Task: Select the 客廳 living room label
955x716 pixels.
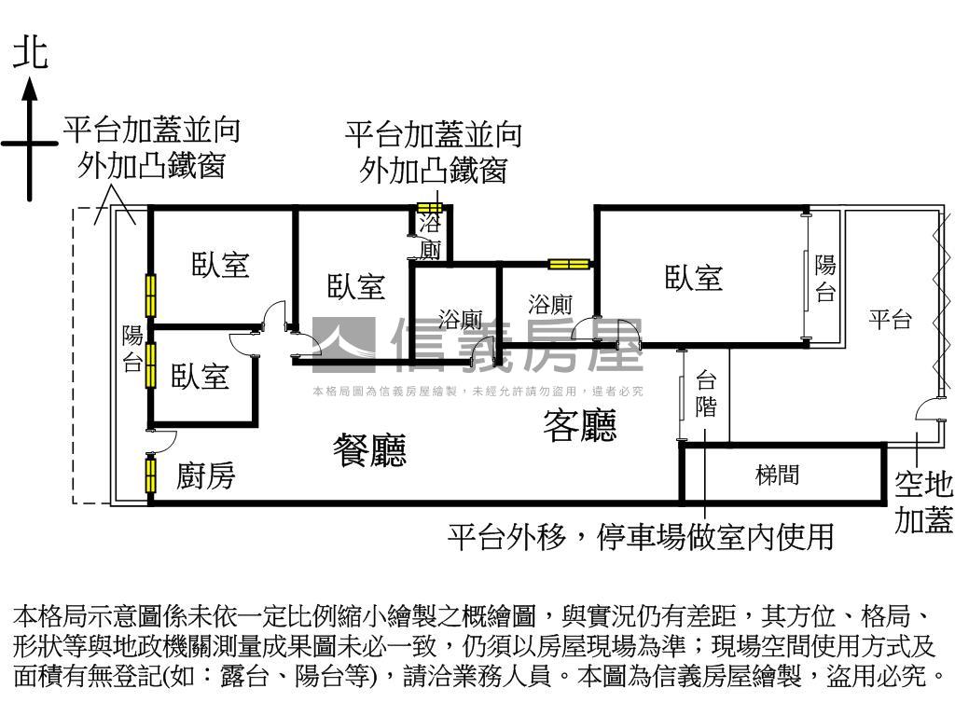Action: [x=579, y=426]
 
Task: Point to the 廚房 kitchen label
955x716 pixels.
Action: [x=206, y=476]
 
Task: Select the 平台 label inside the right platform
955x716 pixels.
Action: [x=890, y=320]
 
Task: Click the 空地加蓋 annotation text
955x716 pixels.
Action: [x=923, y=503]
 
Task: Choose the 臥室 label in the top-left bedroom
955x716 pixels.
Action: [x=221, y=265]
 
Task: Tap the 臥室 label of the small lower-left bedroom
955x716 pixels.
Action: [x=201, y=377]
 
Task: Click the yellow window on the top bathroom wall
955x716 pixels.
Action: [x=429, y=208]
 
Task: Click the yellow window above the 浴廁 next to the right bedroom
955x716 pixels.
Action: [x=569, y=264]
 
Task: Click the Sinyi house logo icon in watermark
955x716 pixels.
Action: [x=343, y=340]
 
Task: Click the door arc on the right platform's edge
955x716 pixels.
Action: [x=926, y=410]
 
